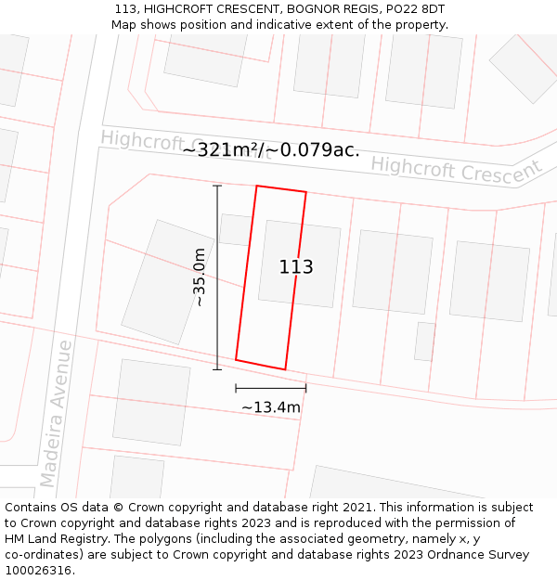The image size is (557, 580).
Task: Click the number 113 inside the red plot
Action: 296,267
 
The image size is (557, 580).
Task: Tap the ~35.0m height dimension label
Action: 199,277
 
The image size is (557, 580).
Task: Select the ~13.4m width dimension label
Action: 271,407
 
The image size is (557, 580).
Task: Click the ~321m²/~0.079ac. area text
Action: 270,149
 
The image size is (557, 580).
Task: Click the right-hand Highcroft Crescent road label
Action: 456,171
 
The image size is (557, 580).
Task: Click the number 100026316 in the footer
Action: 35,571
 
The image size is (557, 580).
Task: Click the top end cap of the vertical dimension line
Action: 217,187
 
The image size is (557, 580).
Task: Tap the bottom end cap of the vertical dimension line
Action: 217,369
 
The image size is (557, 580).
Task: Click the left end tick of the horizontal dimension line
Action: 236,387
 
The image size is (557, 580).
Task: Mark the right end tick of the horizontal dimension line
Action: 305,387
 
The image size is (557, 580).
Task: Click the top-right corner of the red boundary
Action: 305,193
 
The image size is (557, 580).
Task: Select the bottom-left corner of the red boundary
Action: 236,359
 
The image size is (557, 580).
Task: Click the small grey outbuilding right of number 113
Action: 425,341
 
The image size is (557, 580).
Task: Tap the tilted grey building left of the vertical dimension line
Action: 168,282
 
